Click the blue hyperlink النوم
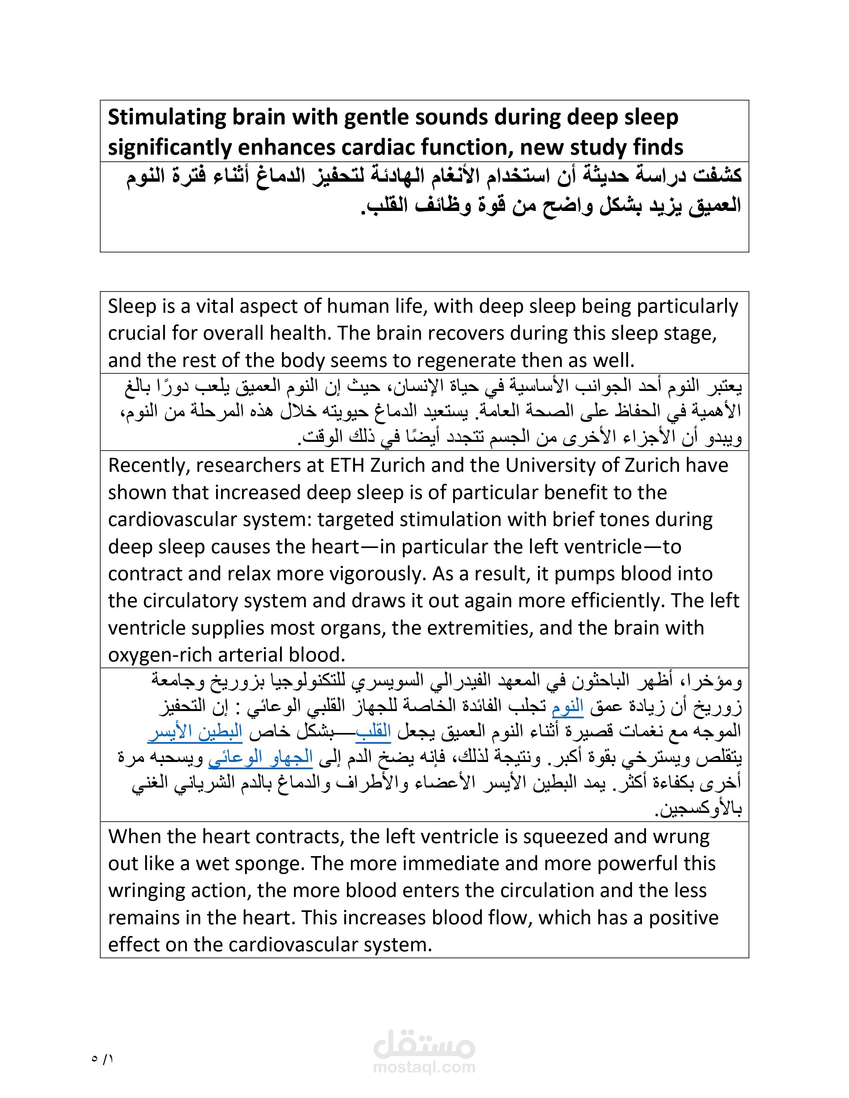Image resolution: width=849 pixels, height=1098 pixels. [567, 707]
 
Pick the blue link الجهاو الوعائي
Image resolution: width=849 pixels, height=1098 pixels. [261, 758]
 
